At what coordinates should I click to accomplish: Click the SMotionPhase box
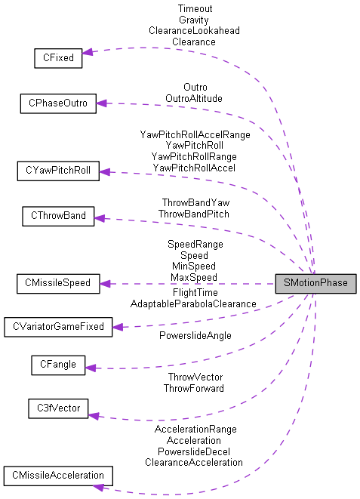click(315, 283)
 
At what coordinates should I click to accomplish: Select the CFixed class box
click(57, 57)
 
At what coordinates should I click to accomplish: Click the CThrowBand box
click(58, 217)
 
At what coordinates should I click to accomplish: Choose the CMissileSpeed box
click(57, 283)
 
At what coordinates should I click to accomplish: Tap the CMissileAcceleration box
click(58, 476)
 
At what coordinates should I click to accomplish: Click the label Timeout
click(195, 8)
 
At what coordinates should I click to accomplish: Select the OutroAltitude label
click(194, 98)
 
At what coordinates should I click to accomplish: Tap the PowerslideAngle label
click(195, 335)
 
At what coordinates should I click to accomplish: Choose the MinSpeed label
click(193, 266)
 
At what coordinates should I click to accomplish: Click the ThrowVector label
click(194, 377)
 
